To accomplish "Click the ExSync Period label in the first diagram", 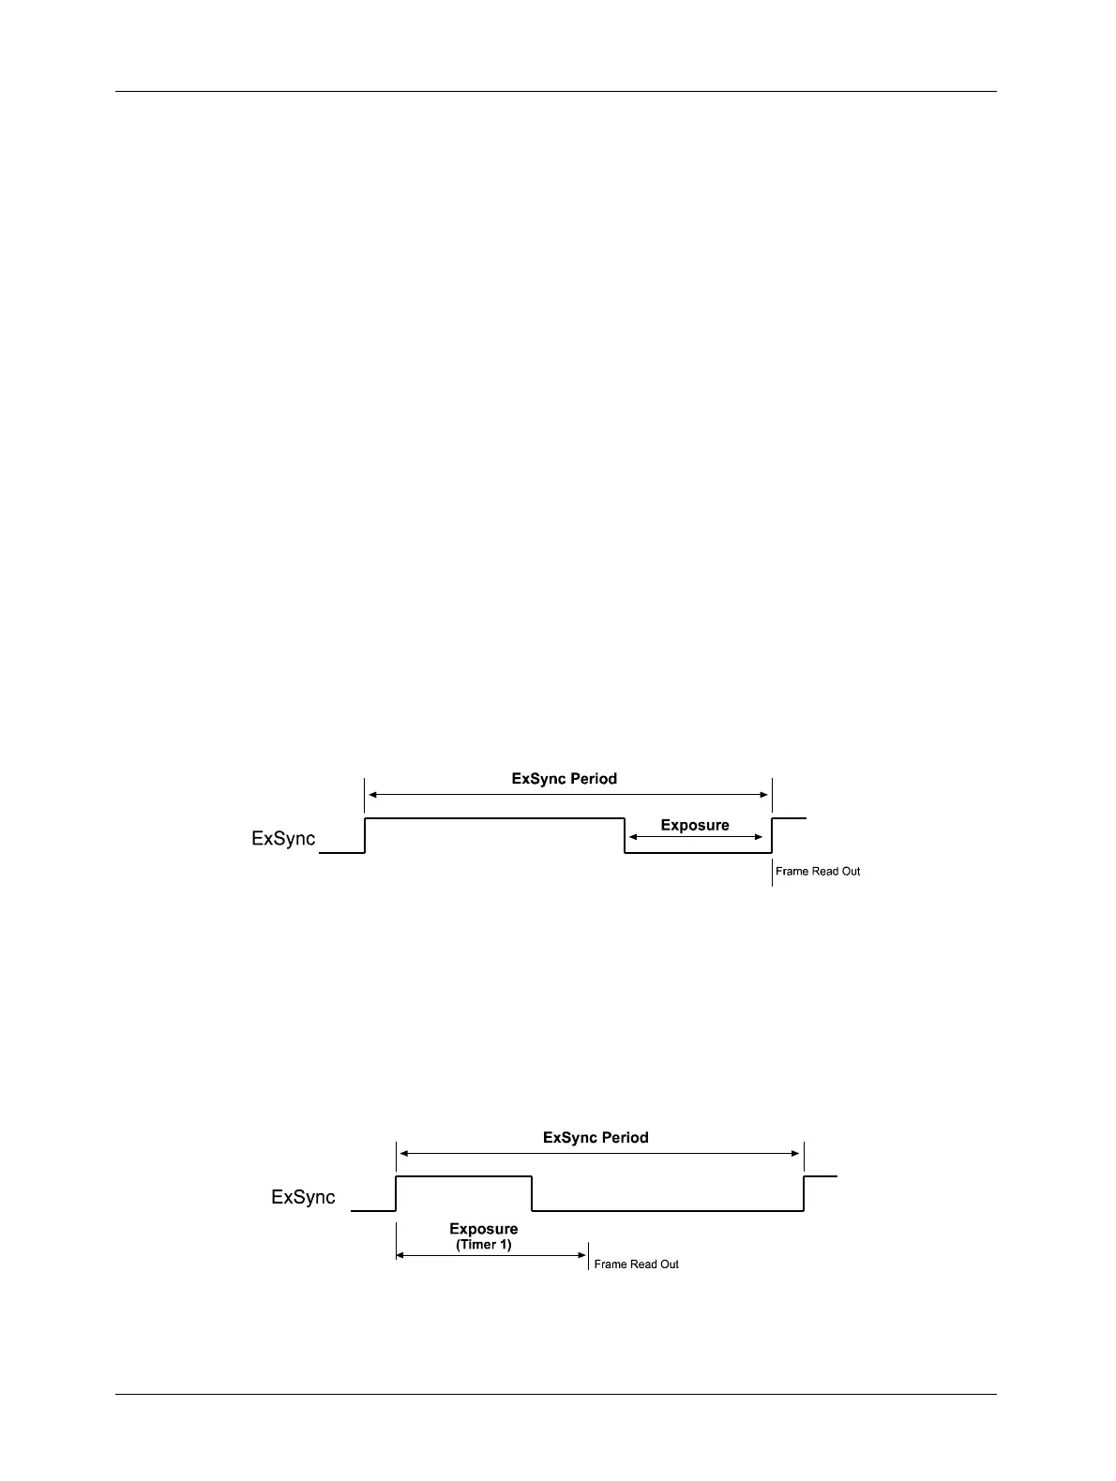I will click(564, 779).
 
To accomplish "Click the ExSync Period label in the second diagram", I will click(596, 1138).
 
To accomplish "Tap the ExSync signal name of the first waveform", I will click(283, 839).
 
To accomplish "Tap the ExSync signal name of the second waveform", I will click(303, 1197).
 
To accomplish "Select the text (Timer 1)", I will click(484, 1245).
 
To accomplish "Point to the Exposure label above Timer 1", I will click(484, 1229).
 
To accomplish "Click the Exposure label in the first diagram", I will click(695, 826).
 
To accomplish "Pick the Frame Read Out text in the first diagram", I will click(818, 872).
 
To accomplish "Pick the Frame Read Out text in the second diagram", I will click(637, 1264).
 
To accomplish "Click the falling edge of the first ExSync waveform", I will click(626, 835).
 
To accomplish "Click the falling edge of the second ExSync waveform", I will click(533, 1193).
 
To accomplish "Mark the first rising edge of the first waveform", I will click(365, 835).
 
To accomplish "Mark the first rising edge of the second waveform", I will click(397, 1193).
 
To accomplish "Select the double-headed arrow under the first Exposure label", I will click(696, 837).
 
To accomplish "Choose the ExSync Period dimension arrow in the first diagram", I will click(567, 794).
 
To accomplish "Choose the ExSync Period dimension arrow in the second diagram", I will click(600, 1154).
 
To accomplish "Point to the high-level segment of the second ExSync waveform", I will click(464, 1175).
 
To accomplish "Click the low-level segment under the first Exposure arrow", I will click(699, 853).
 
